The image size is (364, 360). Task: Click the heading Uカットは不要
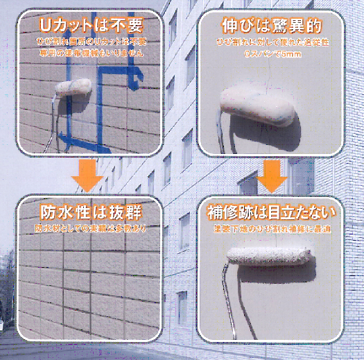click(x=91, y=26)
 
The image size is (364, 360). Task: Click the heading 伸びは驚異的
click(x=272, y=27)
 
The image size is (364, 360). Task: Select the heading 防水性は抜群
click(x=91, y=212)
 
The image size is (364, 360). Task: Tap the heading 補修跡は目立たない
click(x=272, y=212)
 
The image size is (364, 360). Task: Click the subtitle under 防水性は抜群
click(x=91, y=228)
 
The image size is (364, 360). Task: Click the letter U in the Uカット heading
click(x=46, y=26)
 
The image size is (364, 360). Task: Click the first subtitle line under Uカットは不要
click(x=91, y=42)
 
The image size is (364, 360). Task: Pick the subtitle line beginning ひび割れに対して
click(x=272, y=44)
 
